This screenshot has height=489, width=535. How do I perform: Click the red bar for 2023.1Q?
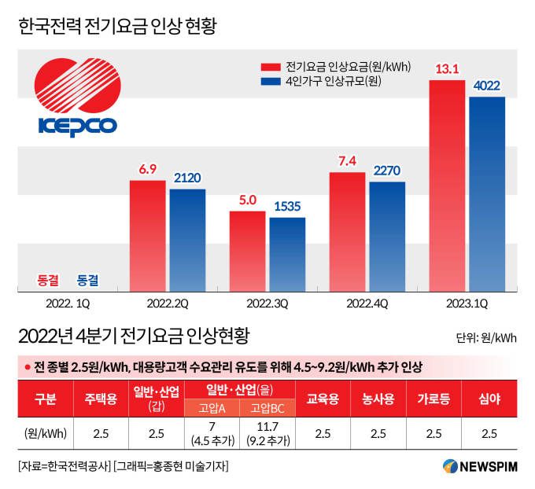tap(447, 186)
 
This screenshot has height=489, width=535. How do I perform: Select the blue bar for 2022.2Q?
tap(187, 240)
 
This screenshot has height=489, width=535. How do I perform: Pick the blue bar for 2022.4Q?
tap(387, 237)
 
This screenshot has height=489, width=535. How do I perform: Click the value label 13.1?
tap(447, 70)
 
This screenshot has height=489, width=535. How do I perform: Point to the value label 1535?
tap(287, 207)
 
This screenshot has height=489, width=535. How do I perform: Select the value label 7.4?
tap(347, 161)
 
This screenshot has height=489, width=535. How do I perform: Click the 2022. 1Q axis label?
tap(67, 303)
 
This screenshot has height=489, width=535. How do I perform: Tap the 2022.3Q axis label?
tap(267, 303)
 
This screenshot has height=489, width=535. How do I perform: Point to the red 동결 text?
tap(48, 279)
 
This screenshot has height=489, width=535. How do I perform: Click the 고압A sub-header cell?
tap(212, 408)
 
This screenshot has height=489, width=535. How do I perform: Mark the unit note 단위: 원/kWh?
tap(485, 339)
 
